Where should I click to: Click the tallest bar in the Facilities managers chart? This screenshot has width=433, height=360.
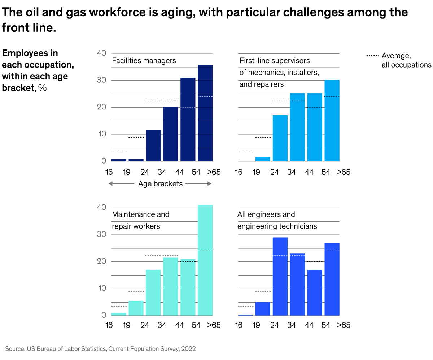pos(205,113)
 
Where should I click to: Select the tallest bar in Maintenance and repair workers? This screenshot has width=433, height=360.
pos(205,260)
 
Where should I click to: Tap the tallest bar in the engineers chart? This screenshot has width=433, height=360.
pos(280,276)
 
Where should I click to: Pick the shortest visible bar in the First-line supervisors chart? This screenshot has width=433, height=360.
pos(263,159)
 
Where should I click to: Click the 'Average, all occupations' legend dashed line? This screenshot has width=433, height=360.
pos(372,56)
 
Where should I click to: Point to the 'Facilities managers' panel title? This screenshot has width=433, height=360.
pos(144,61)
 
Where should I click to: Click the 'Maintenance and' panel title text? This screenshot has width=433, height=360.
pos(140,214)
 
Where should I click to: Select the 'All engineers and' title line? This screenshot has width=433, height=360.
pos(266,214)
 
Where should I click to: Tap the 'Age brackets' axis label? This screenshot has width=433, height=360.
pos(160,184)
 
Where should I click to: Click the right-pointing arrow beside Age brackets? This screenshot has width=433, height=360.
pos(209,184)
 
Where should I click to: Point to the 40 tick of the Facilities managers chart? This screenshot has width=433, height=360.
pos(102,53)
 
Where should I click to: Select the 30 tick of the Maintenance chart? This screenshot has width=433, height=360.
pos(102,234)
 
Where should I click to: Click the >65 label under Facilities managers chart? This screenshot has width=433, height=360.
pos(214,172)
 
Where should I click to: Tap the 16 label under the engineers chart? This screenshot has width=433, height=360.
pos(239,325)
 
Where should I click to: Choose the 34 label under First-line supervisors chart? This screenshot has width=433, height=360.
pos(292,172)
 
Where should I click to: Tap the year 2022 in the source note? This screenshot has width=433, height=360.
pos(189,349)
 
